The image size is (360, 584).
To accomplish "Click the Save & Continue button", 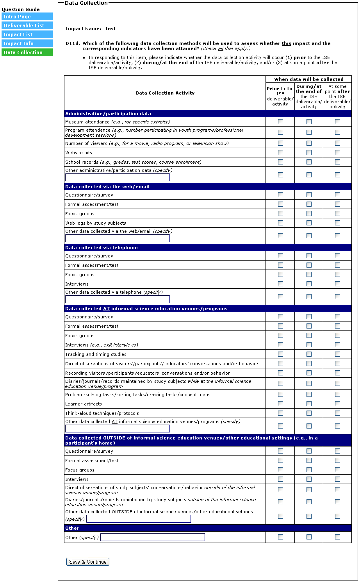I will pyautogui.click(x=87, y=562).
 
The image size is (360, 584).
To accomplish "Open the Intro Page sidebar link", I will pyautogui.click(x=27, y=17).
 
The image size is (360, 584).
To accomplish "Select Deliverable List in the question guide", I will pyautogui.click(x=27, y=26).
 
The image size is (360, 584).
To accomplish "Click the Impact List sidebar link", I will pyautogui.click(x=27, y=35).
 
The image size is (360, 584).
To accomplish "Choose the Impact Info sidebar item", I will pyautogui.click(x=27, y=44).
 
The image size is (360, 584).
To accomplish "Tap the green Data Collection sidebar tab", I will pyautogui.click(x=27, y=53).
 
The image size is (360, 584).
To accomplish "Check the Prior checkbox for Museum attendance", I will pyautogui.click(x=280, y=122).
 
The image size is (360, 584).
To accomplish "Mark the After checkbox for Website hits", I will pyautogui.click(x=337, y=153).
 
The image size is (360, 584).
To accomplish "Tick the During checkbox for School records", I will pyautogui.click(x=309, y=162).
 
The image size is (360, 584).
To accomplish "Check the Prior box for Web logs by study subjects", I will pyautogui.click(x=280, y=223).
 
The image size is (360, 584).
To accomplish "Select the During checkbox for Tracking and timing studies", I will pyautogui.click(x=309, y=354).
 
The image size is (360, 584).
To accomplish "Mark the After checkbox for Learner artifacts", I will pyautogui.click(x=337, y=404).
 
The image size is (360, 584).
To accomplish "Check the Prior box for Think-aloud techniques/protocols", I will pyautogui.click(x=280, y=413).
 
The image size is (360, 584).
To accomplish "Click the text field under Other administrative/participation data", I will pyautogui.click(x=118, y=177).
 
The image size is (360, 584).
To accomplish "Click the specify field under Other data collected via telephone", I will pyautogui.click(x=118, y=299).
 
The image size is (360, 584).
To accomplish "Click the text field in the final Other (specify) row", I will pyautogui.click(x=153, y=538).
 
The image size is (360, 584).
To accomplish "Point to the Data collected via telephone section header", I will pyautogui.click(x=102, y=248).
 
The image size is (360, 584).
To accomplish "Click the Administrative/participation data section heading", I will pyautogui.click(x=108, y=114).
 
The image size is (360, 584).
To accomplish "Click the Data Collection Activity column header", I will pyautogui.click(x=165, y=93).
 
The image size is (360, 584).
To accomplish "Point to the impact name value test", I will pyautogui.click(x=110, y=29).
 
